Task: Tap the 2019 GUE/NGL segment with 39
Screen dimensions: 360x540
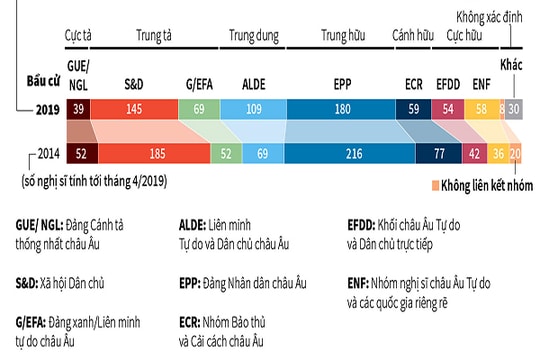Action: pos(79,108)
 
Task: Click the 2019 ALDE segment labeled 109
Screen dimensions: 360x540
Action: pos(254,108)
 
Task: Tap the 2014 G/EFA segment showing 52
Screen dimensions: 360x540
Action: pos(225,153)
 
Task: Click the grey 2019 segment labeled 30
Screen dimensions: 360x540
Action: pos(514,108)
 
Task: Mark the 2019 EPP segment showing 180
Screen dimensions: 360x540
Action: pos(342,108)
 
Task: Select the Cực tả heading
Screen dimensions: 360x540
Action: pos(78,37)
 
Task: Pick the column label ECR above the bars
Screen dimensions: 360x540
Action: pos(414,86)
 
